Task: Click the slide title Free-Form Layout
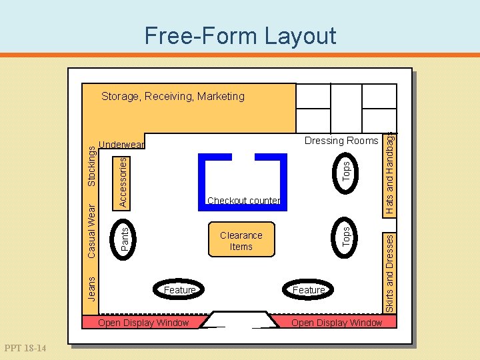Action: [x=240, y=36]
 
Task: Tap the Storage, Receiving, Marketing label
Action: [x=173, y=96]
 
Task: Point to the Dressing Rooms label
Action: [x=341, y=141]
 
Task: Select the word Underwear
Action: [x=121, y=145]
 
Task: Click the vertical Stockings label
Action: [x=91, y=166]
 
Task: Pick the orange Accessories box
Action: [x=121, y=184]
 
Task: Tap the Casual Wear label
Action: [x=91, y=231]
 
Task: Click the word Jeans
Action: [x=91, y=289]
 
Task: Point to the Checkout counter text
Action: [x=244, y=201]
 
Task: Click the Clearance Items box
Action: [x=241, y=239]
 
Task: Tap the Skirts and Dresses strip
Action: [x=389, y=273]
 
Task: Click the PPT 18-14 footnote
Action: [x=25, y=348]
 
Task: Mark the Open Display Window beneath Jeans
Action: [x=143, y=323]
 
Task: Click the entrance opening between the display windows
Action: [x=239, y=319]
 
